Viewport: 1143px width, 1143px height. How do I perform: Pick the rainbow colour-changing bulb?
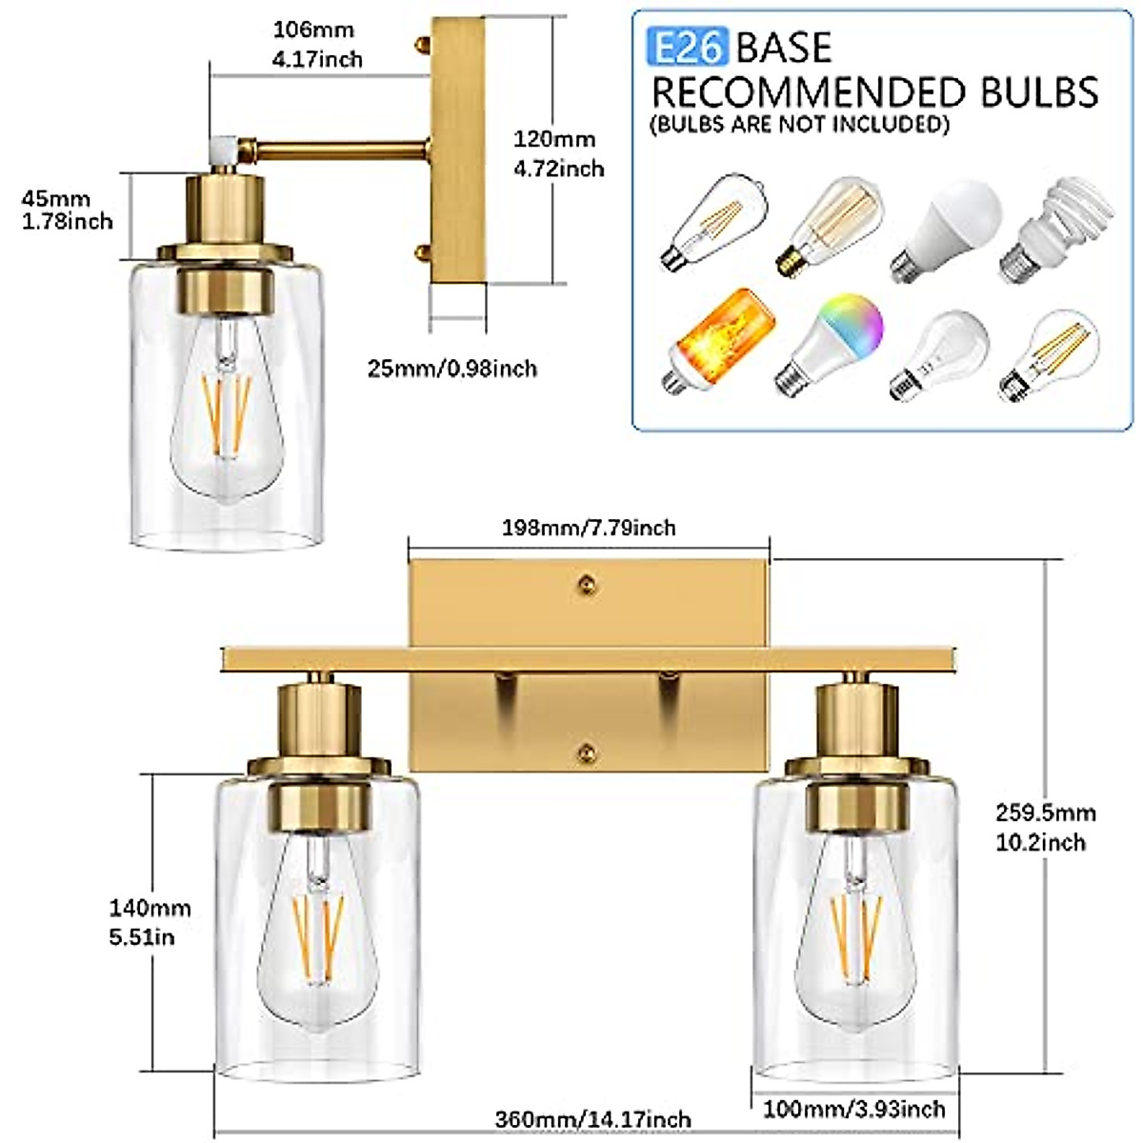pyautogui.click(x=832, y=343)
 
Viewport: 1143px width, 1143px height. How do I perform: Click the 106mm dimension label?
pyautogui.click(x=318, y=44)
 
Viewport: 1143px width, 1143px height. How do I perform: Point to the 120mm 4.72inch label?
pyautogui.click(x=559, y=153)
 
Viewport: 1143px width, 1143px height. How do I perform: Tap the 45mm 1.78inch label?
pyautogui.click(x=67, y=210)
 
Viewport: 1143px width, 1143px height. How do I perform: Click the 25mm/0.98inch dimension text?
pyautogui.click(x=452, y=368)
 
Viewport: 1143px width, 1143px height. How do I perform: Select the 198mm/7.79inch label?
pyautogui.click(x=589, y=527)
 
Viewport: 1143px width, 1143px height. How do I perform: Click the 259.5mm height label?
pyautogui.click(x=1045, y=827)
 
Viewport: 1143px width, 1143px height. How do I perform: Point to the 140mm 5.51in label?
pyautogui.click(x=150, y=923)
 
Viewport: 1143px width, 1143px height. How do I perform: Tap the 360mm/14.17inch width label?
pyautogui.click(x=592, y=1118)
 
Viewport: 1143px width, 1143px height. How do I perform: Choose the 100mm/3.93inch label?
pyautogui.click(x=853, y=1108)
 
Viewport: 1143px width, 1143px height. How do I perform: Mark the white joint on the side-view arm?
pyautogui.click(x=221, y=148)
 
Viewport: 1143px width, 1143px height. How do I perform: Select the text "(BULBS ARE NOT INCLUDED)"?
pyautogui.click(x=799, y=124)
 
